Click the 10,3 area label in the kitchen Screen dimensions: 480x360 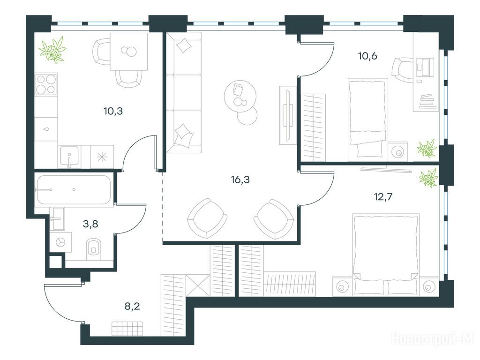113,111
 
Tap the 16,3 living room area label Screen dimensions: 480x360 240,180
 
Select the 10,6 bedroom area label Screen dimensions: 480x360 367,56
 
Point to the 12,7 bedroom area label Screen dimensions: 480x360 383,196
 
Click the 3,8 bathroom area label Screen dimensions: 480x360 90,224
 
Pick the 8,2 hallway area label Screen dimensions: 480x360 132,306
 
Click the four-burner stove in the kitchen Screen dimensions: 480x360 46,84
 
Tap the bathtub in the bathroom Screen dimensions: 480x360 74,190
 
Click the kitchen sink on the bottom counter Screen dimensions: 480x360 69,157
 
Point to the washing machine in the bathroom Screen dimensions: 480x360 60,242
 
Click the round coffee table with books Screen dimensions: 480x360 240,95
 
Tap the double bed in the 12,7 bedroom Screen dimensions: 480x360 386,255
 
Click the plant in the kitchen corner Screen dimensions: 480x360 52,50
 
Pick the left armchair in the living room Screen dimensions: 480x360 207,217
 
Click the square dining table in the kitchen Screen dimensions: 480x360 129,52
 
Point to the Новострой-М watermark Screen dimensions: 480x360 433,339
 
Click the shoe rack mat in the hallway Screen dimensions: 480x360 127,329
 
